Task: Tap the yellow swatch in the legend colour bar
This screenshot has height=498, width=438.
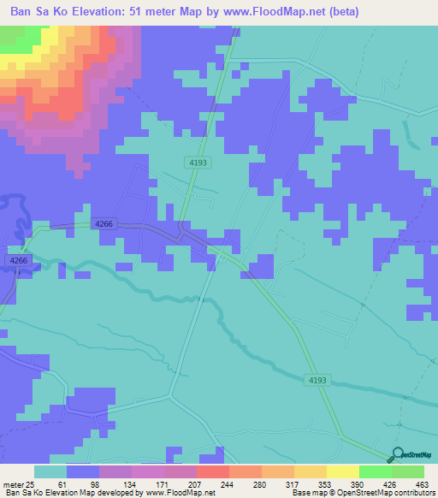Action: [342, 471]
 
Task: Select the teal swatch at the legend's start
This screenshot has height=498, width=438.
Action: [50, 471]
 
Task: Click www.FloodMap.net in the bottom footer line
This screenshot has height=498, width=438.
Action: [179, 493]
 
